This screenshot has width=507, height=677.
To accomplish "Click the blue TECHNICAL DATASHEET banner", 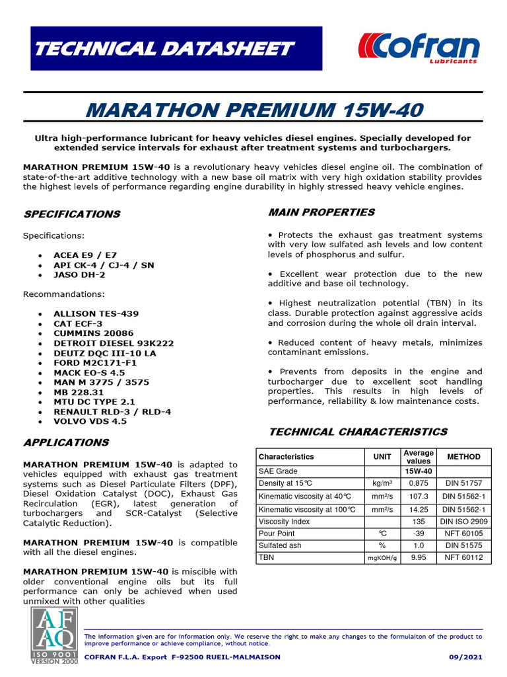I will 176,48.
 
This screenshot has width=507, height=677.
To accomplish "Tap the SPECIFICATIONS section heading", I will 72,214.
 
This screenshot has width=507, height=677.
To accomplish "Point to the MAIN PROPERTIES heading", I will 321,212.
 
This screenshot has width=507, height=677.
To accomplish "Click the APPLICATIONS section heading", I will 66,442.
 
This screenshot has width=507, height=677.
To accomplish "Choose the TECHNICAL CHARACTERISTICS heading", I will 357,432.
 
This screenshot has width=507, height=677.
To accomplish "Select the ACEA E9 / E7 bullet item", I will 84,255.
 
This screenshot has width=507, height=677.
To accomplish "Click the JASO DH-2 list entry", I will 79,274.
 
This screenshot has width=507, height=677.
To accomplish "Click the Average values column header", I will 418,457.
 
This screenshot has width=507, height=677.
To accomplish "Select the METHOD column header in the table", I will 464,457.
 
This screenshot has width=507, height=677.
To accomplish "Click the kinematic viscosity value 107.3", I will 418,497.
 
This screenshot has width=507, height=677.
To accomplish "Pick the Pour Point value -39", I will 418,534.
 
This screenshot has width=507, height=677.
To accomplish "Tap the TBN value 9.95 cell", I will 418,558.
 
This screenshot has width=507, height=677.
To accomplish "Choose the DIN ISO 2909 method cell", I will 464,522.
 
